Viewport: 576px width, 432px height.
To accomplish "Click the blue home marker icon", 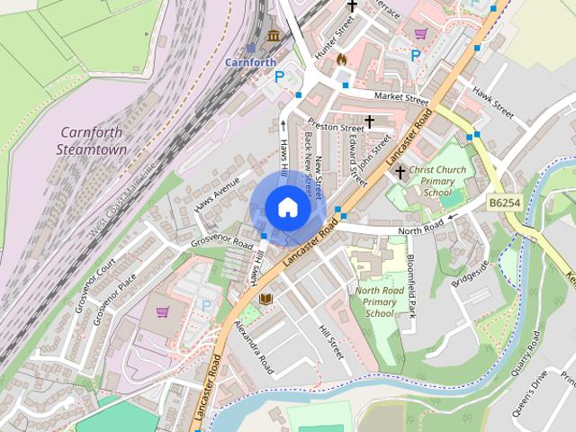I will point(286,207).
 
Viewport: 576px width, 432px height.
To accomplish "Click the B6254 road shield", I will point(506,205).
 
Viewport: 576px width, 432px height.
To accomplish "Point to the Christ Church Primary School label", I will point(437,180).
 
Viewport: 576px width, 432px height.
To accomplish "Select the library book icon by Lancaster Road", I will point(265,298).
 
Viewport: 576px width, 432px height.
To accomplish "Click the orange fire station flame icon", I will point(341,59).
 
